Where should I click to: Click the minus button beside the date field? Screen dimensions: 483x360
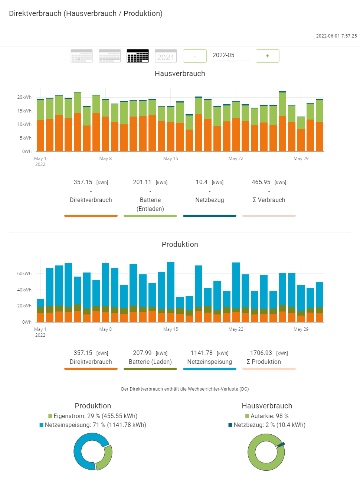coord(195,56)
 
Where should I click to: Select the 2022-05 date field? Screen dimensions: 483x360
coord(231,55)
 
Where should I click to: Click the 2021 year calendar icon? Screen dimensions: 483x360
coord(166,56)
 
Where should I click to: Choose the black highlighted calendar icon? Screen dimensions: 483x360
coord(138,56)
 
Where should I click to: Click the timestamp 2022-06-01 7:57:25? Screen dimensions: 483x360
coord(336,36)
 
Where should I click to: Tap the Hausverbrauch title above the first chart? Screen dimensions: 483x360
coord(180,74)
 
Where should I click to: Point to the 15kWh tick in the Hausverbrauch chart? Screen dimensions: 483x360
coord(24,111)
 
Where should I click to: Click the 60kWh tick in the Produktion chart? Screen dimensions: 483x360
coord(24,274)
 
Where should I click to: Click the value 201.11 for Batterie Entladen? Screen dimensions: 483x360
coord(142,182)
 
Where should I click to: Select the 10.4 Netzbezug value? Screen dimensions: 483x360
coord(202,182)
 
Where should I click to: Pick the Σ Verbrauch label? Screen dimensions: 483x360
coord(269,200)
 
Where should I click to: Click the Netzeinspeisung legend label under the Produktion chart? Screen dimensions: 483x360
coord(210,362)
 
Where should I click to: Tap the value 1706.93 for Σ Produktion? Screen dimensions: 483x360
coord(261,353)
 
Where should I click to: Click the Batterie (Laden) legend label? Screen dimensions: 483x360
coord(150,362)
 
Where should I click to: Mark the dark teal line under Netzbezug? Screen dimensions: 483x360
coord(210,216)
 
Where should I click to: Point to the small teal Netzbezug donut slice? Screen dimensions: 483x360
coord(281,444)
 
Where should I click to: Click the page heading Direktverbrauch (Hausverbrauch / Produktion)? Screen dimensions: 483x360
coord(86,13)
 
